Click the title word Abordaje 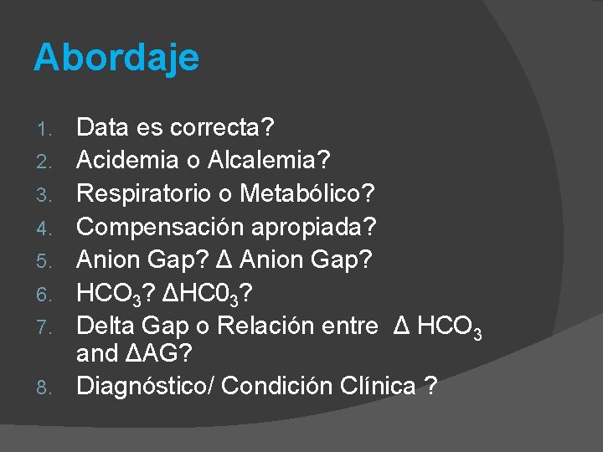click(x=116, y=59)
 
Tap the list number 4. click(x=48, y=228)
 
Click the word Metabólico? click(x=307, y=193)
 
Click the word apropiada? click(x=307, y=226)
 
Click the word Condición click(x=281, y=386)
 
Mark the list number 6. click(x=48, y=293)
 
